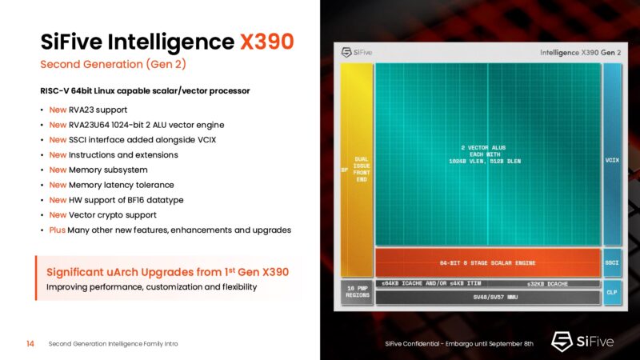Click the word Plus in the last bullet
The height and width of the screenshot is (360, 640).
[58, 230]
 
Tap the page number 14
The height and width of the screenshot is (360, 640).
[30, 343]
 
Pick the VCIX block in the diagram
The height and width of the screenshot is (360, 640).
[612, 160]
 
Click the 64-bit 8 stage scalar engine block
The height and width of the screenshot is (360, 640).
[487, 262]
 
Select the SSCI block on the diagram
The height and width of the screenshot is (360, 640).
[612, 262]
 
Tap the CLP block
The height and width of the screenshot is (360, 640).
[612, 292]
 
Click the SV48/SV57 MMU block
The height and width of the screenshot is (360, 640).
[487, 298]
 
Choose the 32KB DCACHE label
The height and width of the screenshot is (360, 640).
[547, 284]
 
